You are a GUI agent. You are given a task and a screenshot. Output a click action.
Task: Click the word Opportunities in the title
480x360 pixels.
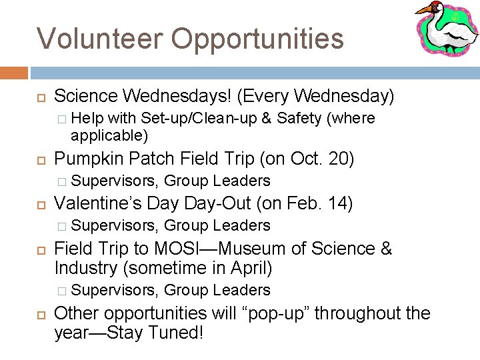(x=258, y=39)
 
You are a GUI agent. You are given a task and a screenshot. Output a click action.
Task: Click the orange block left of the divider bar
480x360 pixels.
(x=14, y=73)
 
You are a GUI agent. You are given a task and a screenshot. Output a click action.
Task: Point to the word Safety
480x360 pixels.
(x=298, y=119)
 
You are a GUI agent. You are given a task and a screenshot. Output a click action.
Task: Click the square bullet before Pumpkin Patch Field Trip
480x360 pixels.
(x=39, y=160)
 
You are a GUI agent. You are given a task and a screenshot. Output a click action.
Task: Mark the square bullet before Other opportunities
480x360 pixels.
(x=39, y=313)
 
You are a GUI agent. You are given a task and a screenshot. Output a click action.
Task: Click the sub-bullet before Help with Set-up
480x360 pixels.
(x=61, y=119)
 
